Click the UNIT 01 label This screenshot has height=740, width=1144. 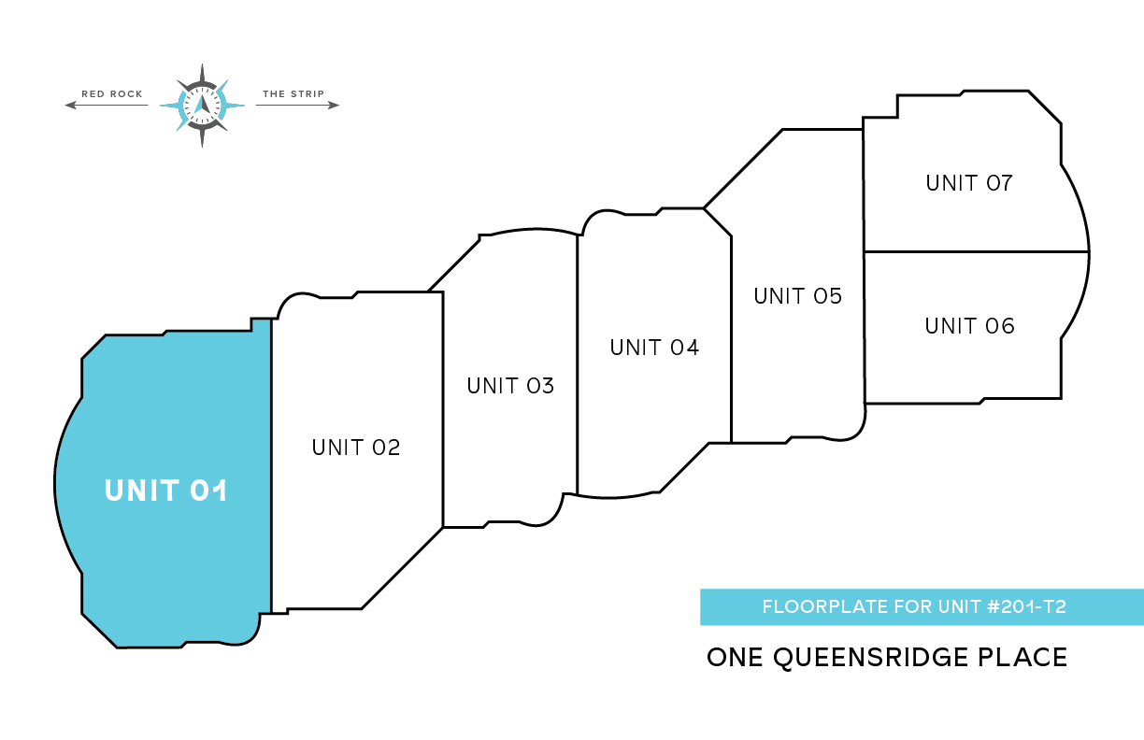(166, 491)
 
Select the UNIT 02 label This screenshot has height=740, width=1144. (356, 448)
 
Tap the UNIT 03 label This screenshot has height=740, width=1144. (510, 385)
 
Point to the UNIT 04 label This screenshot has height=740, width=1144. (654, 348)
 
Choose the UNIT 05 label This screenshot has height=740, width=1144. (798, 296)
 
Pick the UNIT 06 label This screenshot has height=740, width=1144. (969, 326)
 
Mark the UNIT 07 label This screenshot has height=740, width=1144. (969, 183)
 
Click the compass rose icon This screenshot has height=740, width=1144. (202, 105)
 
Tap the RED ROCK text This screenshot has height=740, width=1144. (112, 94)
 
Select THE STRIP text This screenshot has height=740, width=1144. (293, 94)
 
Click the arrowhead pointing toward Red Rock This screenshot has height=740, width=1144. (70, 106)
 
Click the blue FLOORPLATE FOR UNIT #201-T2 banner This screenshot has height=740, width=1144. (921, 607)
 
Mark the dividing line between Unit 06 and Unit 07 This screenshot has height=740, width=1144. (976, 251)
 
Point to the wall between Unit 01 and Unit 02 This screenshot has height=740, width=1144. (271, 467)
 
